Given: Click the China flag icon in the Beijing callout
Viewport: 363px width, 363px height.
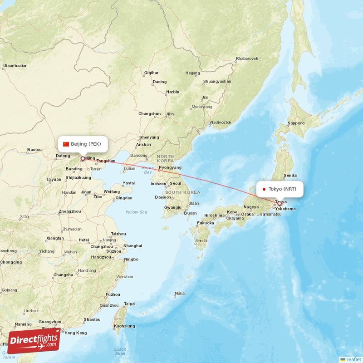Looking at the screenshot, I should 66,144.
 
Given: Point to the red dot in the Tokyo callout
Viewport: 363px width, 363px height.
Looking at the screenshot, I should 264,189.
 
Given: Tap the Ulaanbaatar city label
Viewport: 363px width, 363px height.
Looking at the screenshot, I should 15,66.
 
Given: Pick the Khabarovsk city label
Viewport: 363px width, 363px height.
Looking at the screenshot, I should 247,59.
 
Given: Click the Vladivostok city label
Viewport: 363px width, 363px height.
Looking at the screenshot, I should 221,123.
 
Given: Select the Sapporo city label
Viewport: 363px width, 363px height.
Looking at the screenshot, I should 297,123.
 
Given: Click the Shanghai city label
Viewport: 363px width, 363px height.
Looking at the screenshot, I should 132,245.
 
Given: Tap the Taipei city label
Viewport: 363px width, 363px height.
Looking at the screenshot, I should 130,304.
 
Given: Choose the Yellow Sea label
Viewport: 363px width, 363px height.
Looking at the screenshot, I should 137,212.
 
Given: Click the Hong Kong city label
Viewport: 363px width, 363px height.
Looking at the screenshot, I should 75,333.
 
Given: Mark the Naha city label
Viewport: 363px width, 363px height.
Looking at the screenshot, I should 180,293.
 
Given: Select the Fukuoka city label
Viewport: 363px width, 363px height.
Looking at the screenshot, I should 205,223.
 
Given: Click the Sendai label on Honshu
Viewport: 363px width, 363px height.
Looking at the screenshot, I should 290,175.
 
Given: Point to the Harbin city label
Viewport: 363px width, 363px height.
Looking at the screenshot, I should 173,92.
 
